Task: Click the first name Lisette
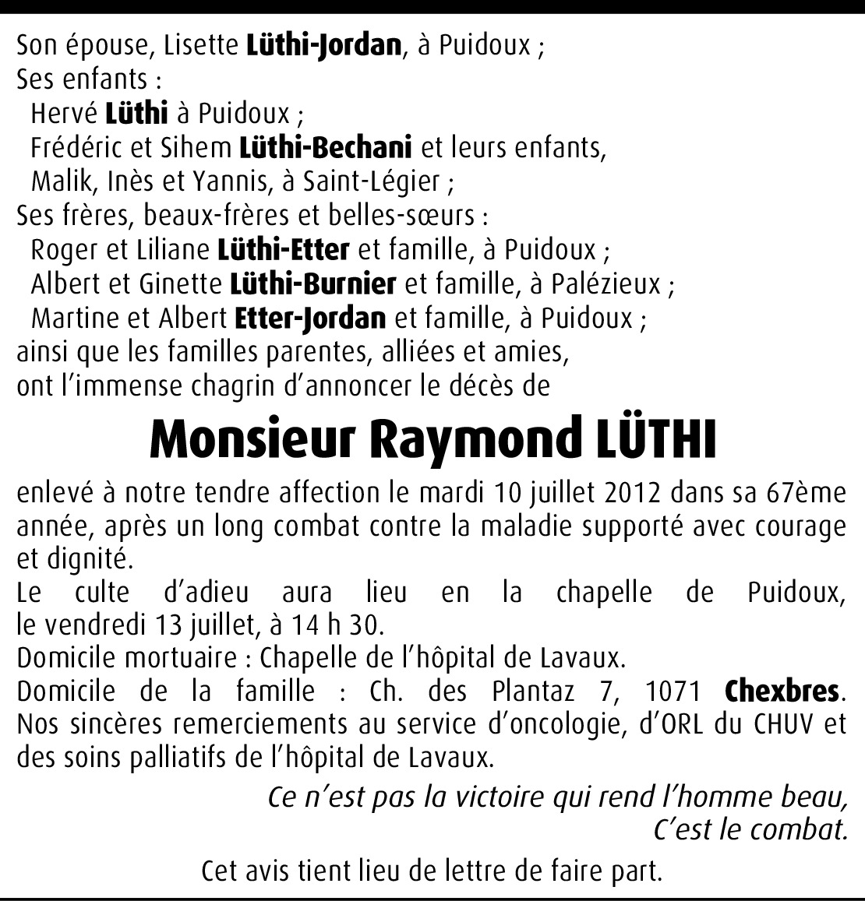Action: pyautogui.click(x=200, y=46)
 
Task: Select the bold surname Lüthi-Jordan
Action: pyautogui.click(x=323, y=46)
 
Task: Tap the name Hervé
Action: pyautogui.click(x=64, y=114)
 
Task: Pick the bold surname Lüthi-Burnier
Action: pyautogui.click(x=313, y=284)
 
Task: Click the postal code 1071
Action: pyautogui.click(x=674, y=691)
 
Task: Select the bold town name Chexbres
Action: pyautogui.click(x=782, y=691)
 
